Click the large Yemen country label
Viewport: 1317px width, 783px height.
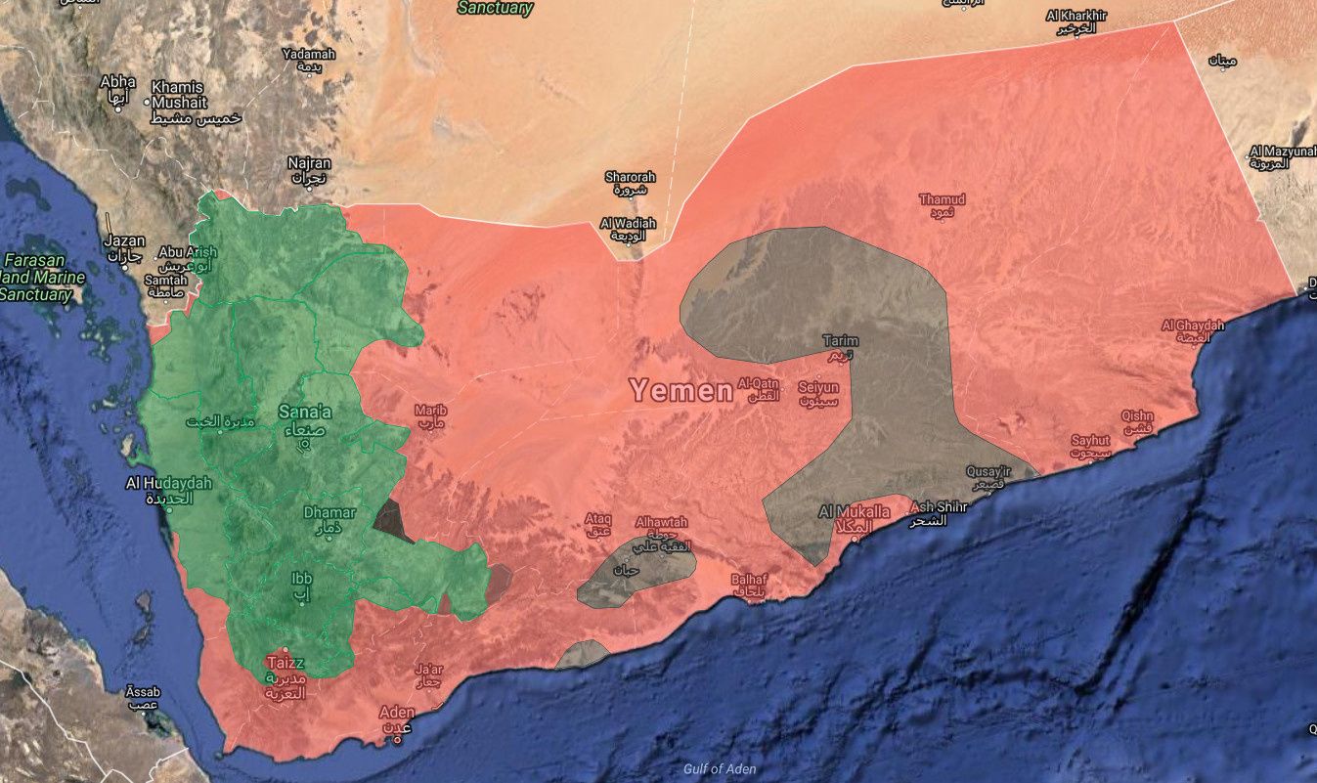680,391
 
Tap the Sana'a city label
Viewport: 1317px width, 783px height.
305,412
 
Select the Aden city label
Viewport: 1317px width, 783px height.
396,712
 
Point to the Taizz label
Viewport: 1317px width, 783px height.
285,663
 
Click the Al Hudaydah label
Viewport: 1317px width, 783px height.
168,483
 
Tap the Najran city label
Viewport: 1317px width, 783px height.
309,163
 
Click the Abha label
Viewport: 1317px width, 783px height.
117,82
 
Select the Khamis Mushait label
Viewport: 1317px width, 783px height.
180,94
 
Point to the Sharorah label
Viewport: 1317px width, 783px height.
630,177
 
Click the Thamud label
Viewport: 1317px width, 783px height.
942,199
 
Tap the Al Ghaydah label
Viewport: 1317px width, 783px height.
1193,325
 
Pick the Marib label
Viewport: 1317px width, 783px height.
430,411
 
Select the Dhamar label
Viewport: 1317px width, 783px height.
329,512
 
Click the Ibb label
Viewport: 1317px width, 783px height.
301,577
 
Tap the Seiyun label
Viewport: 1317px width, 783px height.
818,387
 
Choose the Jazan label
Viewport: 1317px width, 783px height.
125,240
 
